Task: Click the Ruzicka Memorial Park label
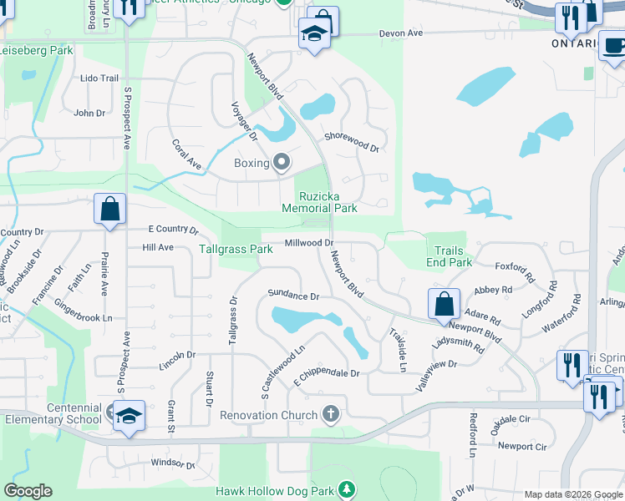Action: (x=329, y=202)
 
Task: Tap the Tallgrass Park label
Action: (x=236, y=249)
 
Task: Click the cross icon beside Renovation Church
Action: (x=331, y=414)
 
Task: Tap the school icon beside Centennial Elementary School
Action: (x=130, y=414)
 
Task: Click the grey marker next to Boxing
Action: (x=282, y=163)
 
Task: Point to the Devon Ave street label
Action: (x=403, y=33)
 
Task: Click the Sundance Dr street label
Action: (x=293, y=296)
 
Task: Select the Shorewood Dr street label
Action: (x=352, y=142)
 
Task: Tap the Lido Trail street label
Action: (x=99, y=78)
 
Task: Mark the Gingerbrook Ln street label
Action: (x=84, y=318)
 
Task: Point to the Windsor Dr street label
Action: (x=172, y=463)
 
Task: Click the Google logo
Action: (x=28, y=491)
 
